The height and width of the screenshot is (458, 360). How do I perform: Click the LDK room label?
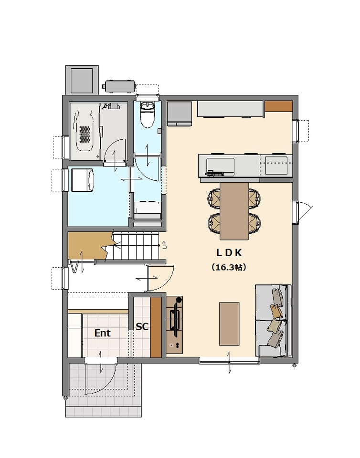pos(229,253)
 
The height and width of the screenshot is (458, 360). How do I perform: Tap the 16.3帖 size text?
pos(229,267)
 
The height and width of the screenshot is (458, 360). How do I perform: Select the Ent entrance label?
pos(103,333)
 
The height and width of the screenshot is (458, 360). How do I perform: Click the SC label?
pos(142,326)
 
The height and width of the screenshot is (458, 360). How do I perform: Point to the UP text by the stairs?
pos(165,245)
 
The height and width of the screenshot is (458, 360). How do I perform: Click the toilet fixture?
pos(147,114)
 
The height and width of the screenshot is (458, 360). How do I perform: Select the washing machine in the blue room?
pos(83,180)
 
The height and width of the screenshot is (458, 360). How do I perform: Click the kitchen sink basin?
pos(220,166)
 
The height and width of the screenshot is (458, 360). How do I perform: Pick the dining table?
pos(234,211)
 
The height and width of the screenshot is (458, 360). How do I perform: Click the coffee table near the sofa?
pos(229,324)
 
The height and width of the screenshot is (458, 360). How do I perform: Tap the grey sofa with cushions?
pos(274,321)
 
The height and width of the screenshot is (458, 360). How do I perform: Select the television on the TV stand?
pos(175,319)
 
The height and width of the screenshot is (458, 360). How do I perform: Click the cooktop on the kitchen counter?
pos(276,166)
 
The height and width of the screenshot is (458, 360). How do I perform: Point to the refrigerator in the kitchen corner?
pos(180,114)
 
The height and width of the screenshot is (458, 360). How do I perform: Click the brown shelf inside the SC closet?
pos(156,327)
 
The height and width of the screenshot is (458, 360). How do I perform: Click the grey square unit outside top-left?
pos(82,80)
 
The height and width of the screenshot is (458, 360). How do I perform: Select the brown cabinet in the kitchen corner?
pos(278,106)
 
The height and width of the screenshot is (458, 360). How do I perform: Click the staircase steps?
pos(136,246)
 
